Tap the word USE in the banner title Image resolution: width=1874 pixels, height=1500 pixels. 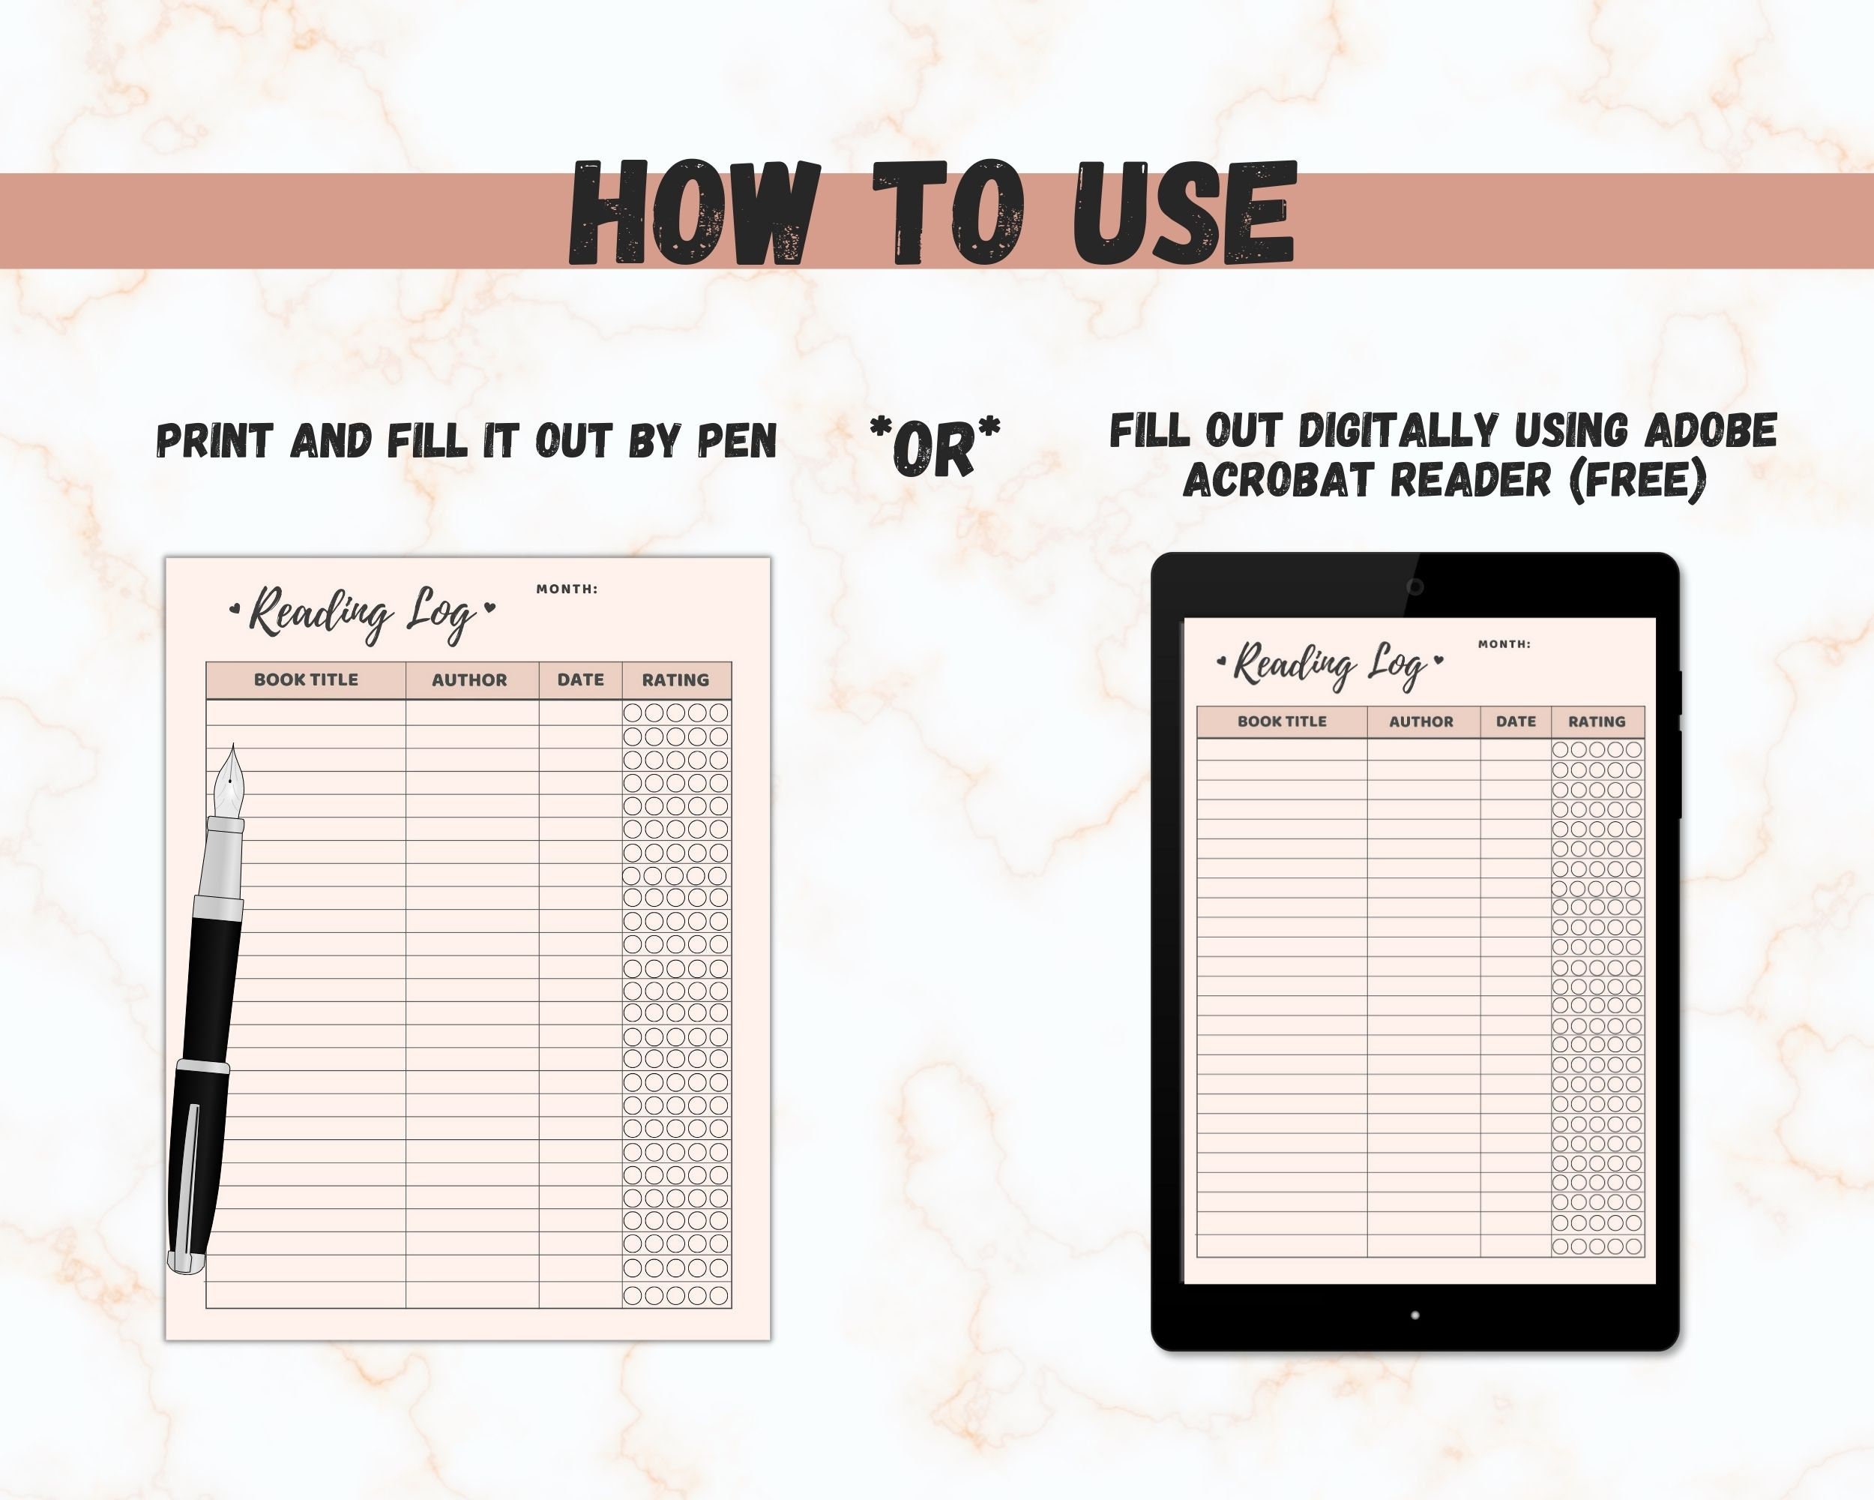click(x=1184, y=214)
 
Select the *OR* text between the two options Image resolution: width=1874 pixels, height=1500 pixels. click(x=935, y=445)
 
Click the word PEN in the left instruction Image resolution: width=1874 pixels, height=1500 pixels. click(x=737, y=441)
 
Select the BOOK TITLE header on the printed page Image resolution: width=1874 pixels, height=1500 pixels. click(x=306, y=680)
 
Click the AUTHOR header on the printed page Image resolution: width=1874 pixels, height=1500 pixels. click(x=469, y=680)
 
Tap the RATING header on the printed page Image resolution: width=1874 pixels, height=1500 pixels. click(x=675, y=680)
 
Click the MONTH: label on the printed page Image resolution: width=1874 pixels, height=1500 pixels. click(x=567, y=589)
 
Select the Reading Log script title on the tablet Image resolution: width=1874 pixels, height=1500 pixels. click(x=1330, y=666)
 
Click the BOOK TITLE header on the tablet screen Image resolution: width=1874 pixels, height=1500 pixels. click(x=1282, y=721)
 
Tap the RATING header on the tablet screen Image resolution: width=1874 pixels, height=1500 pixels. click(x=1597, y=721)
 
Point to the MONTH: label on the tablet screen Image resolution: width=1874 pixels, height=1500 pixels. click(x=1504, y=644)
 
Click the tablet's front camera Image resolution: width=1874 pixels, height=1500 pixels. click(x=1415, y=587)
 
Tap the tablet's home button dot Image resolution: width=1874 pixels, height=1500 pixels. click(x=1415, y=1315)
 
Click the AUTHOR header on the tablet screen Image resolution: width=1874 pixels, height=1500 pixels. click(x=1421, y=721)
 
